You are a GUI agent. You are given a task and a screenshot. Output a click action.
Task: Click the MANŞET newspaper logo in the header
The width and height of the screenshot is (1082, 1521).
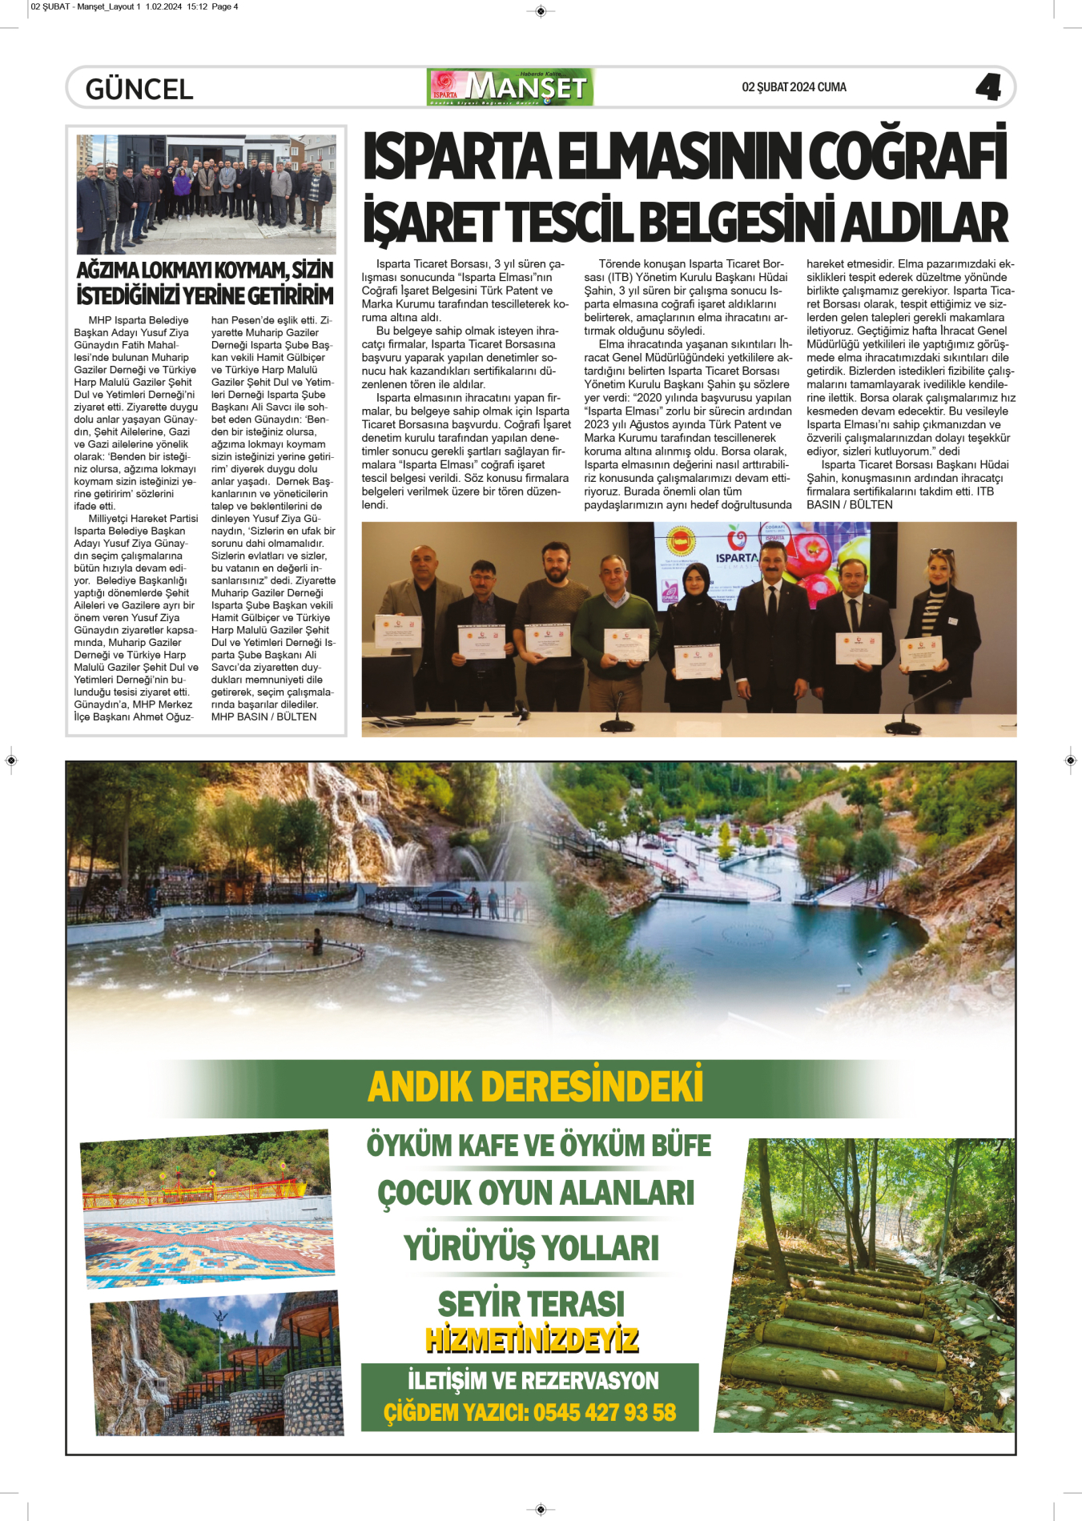[x=510, y=87]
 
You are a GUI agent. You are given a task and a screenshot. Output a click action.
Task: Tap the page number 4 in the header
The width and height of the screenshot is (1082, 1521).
[x=988, y=86]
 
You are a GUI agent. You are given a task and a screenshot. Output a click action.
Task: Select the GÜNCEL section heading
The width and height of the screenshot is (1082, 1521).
[x=139, y=89]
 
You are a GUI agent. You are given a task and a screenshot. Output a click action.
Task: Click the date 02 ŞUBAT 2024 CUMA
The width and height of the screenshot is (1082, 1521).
[x=794, y=87]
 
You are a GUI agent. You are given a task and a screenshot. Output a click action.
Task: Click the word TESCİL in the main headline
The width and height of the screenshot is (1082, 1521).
[x=567, y=222]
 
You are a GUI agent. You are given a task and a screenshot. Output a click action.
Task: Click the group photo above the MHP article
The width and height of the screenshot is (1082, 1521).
[x=206, y=194]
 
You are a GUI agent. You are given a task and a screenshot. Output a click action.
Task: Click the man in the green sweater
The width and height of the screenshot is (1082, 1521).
[x=615, y=624]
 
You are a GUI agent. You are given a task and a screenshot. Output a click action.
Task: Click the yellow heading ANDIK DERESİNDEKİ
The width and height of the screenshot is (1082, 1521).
[x=535, y=1086]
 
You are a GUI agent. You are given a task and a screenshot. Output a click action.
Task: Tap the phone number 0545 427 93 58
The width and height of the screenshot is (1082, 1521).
[x=605, y=1412]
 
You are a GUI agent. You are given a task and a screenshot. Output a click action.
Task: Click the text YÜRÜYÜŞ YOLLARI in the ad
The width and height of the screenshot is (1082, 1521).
[x=531, y=1248]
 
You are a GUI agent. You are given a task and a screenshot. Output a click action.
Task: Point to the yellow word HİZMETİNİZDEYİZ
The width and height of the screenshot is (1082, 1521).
[x=532, y=1340]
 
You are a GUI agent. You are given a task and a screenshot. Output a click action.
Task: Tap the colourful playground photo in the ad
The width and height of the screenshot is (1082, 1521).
[x=207, y=1207]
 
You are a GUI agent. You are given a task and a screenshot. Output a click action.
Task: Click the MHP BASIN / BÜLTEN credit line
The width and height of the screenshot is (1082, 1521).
[x=263, y=716]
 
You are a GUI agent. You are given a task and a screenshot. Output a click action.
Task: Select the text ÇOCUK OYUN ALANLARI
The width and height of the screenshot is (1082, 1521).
[x=536, y=1193]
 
